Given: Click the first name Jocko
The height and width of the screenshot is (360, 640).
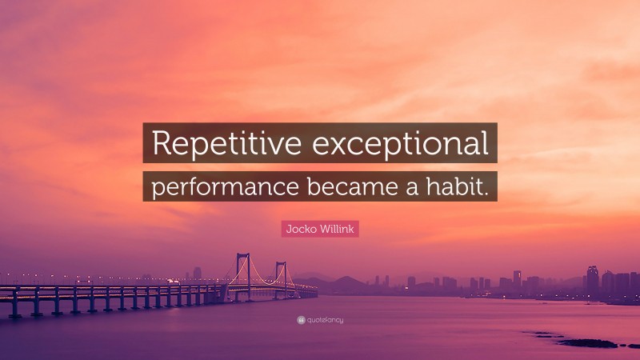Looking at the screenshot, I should [302, 229].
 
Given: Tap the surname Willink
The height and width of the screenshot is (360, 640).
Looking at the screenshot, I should [338, 229].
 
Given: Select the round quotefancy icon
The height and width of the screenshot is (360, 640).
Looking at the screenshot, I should [301, 320].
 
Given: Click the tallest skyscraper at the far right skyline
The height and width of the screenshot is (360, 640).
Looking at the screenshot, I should [592, 278].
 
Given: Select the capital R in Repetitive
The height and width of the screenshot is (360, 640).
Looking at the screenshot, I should [161, 144].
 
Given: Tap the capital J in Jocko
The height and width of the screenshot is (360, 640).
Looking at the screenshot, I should [289, 229].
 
